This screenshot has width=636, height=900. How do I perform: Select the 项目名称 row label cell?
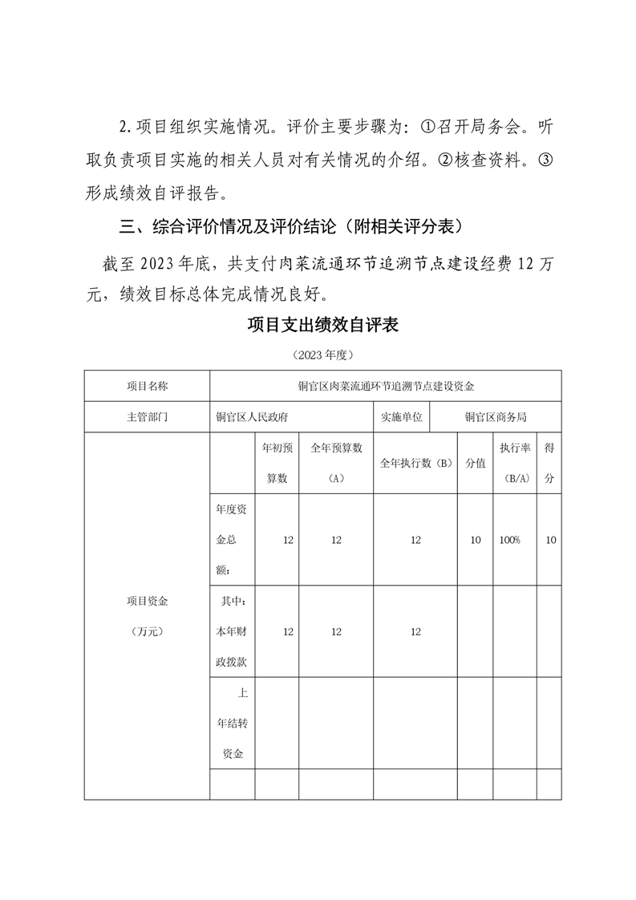point(148,386)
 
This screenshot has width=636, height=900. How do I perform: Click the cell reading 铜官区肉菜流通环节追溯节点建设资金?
point(386,386)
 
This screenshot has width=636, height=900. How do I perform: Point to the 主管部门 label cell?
point(148,417)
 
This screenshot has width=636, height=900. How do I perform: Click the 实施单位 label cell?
point(402,417)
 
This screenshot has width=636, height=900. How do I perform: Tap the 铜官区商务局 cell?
point(496,417)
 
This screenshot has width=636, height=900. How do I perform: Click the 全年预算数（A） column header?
point(336,463)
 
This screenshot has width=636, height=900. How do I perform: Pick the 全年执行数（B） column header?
point(415,464)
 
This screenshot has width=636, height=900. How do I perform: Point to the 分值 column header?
point(476,464)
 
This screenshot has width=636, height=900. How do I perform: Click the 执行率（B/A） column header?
point(513,463)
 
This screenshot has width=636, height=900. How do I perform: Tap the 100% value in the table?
point(509,541)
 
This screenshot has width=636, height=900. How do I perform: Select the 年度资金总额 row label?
point(232,540)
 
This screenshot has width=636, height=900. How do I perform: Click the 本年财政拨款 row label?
point(232,631)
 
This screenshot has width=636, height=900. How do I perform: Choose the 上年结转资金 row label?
point(232,723)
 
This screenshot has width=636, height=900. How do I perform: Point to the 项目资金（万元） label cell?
point(148,615)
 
